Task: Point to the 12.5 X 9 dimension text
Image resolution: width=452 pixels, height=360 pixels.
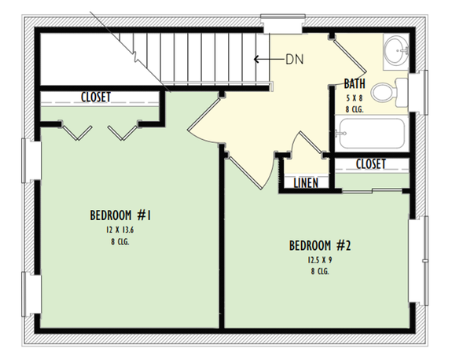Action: pyautogui.click(x=319, y=259)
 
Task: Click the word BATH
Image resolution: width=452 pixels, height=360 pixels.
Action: pyautogui.click(x=355, y=83)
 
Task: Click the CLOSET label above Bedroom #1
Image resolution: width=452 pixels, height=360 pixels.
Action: pyautogui.click(x=96, y=97)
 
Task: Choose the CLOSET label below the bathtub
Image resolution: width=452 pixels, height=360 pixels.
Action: pyautogui.click(x=370, y=164)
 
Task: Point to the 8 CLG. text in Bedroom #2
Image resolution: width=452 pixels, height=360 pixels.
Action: pyautogui.click(x=319, y=271)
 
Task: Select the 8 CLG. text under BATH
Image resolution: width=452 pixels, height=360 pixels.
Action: pyautogui.click(x=355, y=108)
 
